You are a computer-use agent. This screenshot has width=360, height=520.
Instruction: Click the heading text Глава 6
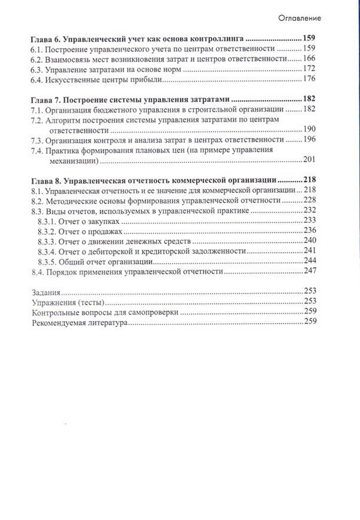(46, 37)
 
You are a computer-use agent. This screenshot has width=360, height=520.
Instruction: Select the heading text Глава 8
(46, 180)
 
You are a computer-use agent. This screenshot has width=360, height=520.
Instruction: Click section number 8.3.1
(49, 222)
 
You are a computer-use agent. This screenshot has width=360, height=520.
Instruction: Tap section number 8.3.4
(49, 252)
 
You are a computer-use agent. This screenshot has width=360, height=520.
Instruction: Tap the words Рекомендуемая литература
(79, 323)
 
